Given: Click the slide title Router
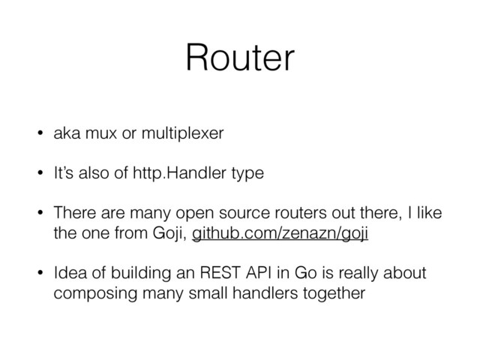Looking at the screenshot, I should [x=239, y=58].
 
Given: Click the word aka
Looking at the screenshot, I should [x=67, y=135].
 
